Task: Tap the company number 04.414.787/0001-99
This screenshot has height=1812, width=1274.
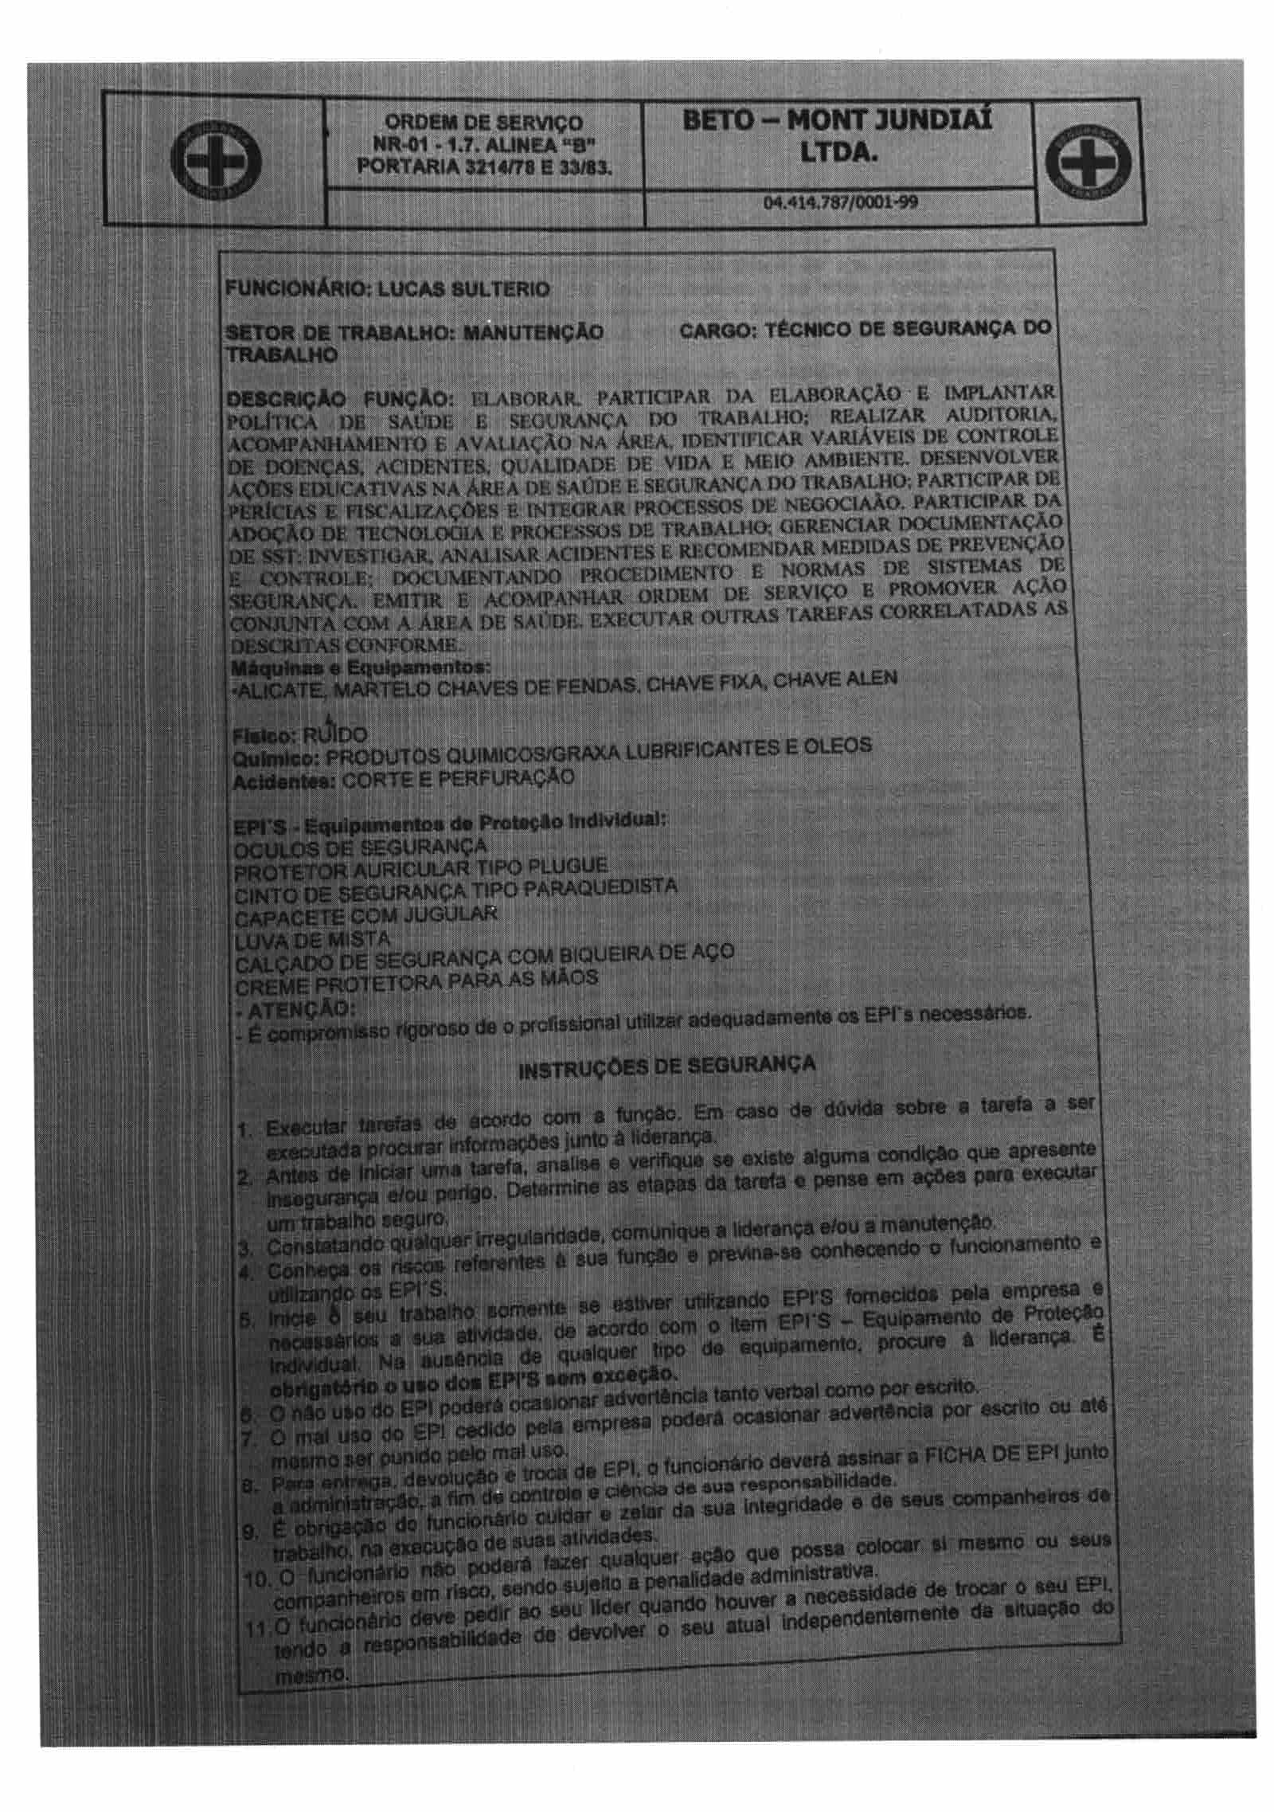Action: coord(840,202)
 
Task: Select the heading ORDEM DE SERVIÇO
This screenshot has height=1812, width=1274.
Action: coord(483,123)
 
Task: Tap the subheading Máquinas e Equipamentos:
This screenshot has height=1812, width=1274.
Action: coord(359,663)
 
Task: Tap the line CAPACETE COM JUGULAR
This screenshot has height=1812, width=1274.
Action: coord(365,916)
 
